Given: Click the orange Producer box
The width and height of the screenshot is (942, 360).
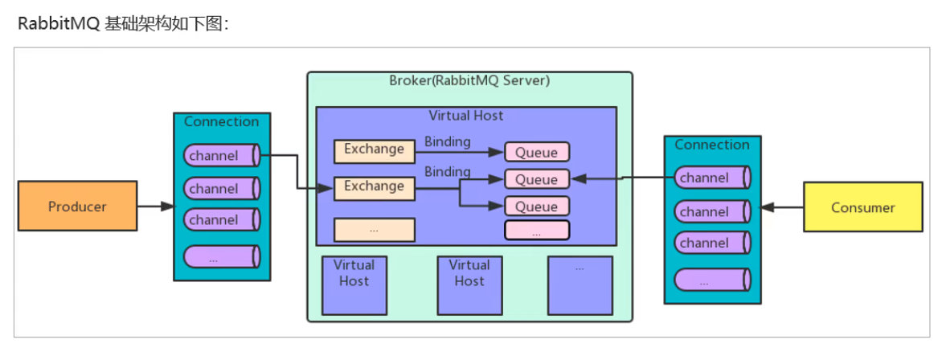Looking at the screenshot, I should tap(77, 207).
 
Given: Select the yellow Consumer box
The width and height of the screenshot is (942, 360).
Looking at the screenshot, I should tap(862, 207).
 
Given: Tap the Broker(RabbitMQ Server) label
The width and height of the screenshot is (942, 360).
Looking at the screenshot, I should tap(469, 80).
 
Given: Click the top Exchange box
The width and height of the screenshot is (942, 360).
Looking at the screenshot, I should tap(374, 149).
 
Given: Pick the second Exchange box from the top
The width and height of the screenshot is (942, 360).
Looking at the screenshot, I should tap(374, 187).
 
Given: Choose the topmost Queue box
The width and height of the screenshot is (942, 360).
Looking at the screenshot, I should tap(536, 151).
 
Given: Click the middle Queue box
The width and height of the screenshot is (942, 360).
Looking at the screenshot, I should tap(536, 178).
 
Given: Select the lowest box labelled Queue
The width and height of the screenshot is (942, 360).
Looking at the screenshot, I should tap(536, 206).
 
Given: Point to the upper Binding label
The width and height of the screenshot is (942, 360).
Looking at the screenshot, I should tap(448, 142).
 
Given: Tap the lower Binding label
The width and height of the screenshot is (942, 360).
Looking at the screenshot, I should tap(448, 171).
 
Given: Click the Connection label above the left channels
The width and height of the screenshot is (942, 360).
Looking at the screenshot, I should tap(222, 122).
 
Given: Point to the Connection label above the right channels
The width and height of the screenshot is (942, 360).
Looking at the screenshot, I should tap(712, 145).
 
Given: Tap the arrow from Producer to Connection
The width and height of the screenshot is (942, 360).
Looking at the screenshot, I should tap(155, 207).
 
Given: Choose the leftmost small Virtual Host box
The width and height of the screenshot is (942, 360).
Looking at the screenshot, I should tap(354, 284).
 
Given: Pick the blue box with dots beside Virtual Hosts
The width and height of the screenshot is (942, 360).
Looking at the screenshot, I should tap(580, 284).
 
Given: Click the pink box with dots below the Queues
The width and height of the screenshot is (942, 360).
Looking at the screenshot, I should tap(536, 231).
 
